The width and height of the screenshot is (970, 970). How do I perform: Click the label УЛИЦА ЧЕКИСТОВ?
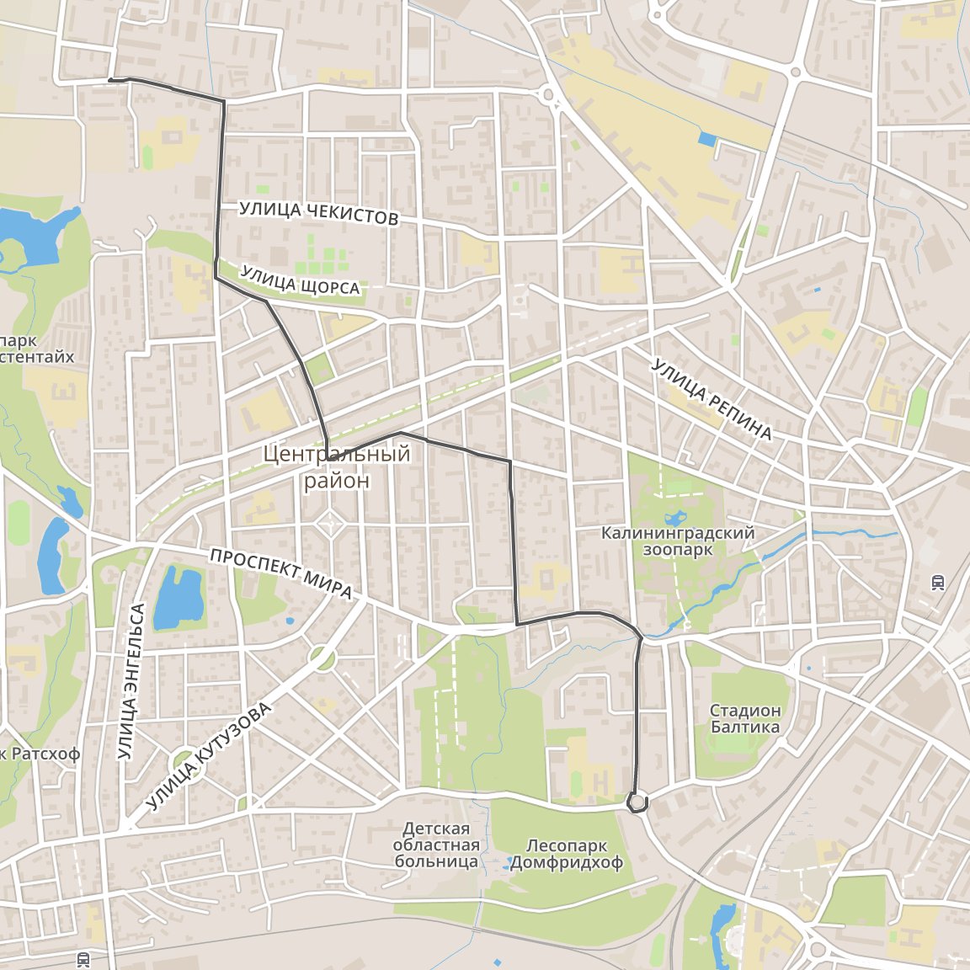(318, 214)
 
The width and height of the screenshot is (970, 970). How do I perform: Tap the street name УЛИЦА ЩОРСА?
(301, 280)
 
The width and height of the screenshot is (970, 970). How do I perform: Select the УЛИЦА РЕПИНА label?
(712, 400)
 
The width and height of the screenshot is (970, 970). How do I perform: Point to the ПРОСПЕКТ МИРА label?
(280, 574)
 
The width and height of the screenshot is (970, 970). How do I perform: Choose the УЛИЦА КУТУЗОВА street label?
(210, 757)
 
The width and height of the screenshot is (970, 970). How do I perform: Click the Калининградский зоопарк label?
(677, 541)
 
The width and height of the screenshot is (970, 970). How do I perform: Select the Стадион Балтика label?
(744, 719)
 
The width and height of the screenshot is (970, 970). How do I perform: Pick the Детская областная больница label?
(436, 845)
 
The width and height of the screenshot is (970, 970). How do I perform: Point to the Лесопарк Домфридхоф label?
(566, 854)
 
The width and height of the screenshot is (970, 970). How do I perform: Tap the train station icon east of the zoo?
(938, 582)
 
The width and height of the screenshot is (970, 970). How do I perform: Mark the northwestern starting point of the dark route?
(110, 80)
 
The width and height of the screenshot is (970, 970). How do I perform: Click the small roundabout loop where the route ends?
(638, 802)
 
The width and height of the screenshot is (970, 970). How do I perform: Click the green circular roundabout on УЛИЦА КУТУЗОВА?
(321, 658)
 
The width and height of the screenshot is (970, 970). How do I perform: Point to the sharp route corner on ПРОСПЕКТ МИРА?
(516, 624)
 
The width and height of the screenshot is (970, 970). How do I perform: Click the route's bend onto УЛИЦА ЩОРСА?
(216, 276)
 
